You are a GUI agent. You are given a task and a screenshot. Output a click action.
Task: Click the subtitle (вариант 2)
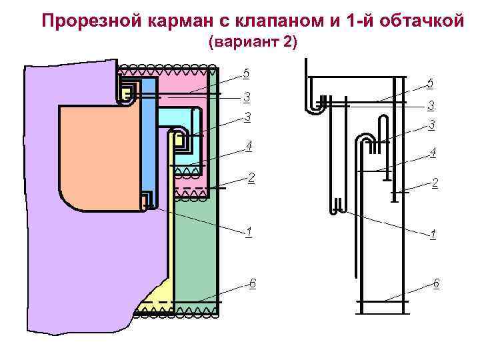point(253,43)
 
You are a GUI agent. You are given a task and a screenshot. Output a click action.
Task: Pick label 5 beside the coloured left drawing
point(247,73)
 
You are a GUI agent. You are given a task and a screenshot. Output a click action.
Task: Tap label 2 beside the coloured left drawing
point(251,178)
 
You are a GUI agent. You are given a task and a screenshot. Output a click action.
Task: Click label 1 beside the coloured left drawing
point(248,232)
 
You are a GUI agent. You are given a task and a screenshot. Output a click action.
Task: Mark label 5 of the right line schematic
point(430,83)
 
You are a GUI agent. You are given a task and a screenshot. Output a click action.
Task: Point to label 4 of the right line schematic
point(433,152)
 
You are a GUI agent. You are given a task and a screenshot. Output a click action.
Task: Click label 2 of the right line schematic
point(435,183)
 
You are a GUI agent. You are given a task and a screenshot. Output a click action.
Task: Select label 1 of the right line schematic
point(433,235)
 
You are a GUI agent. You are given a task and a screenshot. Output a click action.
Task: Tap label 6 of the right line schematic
point(435,284)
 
